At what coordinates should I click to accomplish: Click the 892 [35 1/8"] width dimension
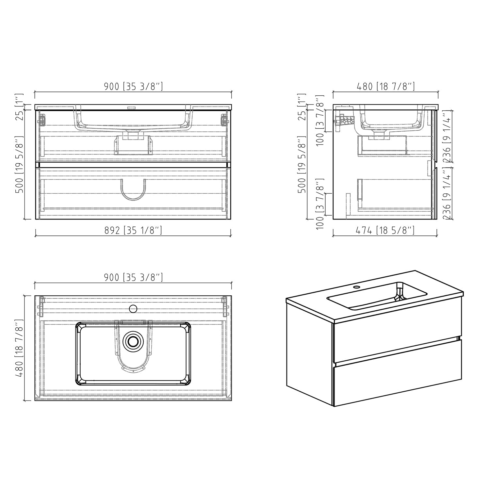pyautogui.click(x=133, y=231)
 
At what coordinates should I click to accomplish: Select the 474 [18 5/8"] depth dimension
pyautogui.click(x=385, y=231)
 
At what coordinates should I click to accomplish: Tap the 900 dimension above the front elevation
pyautogui.click(x=133, y=87)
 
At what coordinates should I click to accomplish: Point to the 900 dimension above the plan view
pyautogui.click(x=133, y=278)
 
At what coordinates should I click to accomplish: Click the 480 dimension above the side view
pyautogui.click(x=385, y=87)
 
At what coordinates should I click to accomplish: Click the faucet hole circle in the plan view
pyautogui.click(x=133, y=308)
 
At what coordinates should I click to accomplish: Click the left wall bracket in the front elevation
pyautogui.click(x=41, y=119)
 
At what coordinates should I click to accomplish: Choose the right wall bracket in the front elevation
pyautogui.click(x=224, y=119)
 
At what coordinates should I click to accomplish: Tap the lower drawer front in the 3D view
pyautogui.click(x=397, y=372)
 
